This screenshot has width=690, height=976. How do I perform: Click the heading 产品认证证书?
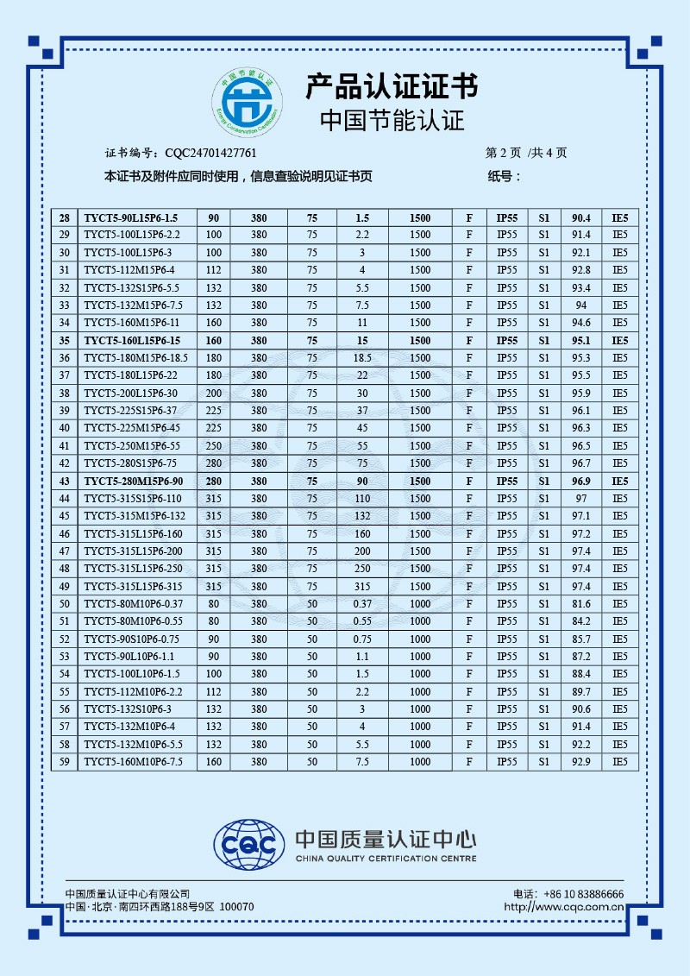click(392, 86)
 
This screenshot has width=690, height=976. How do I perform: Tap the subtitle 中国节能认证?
click(392, 119)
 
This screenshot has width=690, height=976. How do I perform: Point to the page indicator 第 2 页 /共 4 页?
click(526, 153)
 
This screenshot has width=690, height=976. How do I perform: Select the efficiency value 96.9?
click(581, 482)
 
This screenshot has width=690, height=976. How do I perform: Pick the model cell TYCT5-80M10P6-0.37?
click(134, 604)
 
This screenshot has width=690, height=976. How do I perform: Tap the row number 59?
click(64, 762)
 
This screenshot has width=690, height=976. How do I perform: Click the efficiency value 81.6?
click(581, 604)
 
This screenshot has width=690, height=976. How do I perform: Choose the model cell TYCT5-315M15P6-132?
click(135, 516)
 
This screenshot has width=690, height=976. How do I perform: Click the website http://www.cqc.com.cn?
click(563, 907)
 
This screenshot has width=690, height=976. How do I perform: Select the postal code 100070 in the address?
click(237, 907)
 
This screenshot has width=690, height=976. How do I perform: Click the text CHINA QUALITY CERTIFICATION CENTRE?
click(386, 859)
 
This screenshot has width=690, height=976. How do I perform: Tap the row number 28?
click(64, 217)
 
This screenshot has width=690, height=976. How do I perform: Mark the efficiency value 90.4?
click(581, 217)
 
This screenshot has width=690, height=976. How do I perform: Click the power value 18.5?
click(362, 358)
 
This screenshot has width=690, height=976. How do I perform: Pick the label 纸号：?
click(505, 177)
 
